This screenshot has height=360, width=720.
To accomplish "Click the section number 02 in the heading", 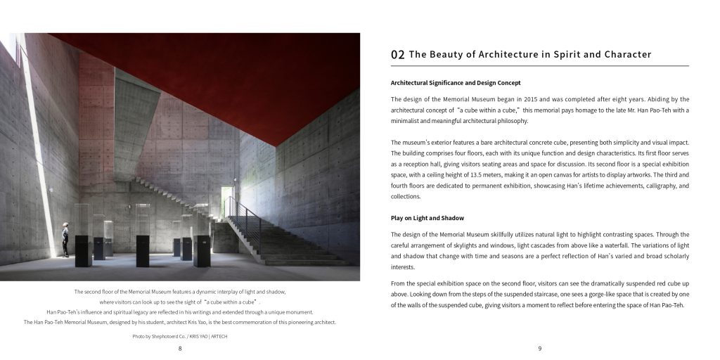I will click(397, 54).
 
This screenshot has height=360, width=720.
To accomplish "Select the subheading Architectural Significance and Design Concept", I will click(456, 83).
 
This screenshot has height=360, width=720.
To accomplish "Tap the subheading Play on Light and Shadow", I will click(427, 217).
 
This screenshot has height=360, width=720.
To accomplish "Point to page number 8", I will click(180, 348).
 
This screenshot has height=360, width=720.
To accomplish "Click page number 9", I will click(539, 348).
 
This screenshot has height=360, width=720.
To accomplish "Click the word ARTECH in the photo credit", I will click(218, 337).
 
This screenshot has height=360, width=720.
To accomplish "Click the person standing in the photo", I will click(65, 239).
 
